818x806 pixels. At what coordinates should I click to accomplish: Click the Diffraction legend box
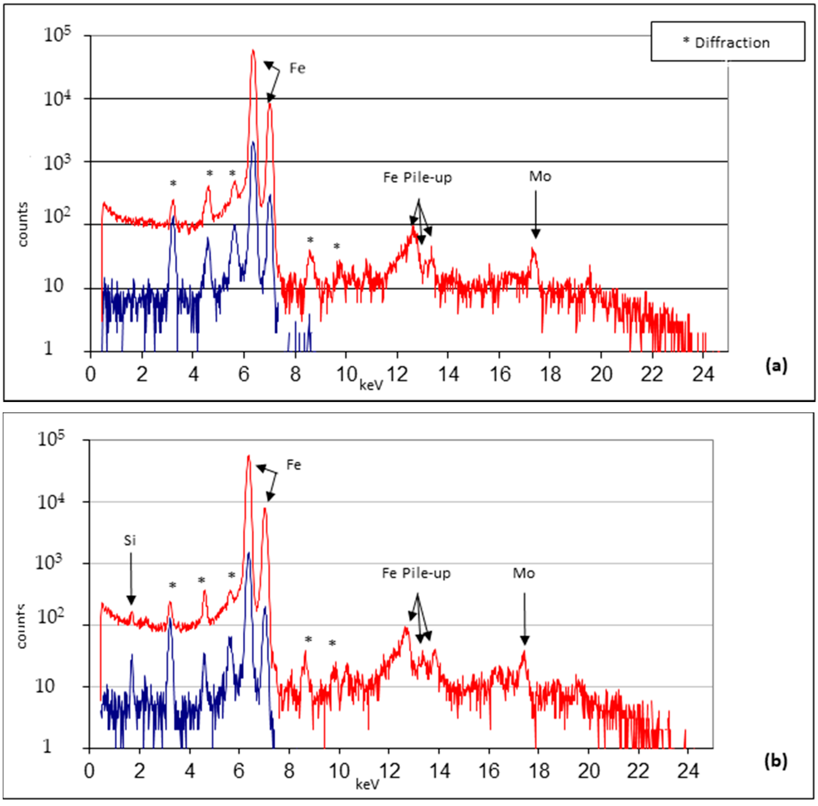pyautogui.click(x=727, y=42)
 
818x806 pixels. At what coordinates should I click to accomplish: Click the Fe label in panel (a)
pyautogui.click(x=297, y=68)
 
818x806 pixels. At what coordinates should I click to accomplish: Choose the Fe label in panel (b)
pyautogui.click(x=293, y=465)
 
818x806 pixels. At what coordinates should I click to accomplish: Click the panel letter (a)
pyautogui.click(x=776, y=365)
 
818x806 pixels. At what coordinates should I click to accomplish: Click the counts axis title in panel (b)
pyautogui.click(x=21, y=626)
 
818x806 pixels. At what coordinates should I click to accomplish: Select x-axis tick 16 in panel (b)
pyautogui.click(x=489, y=770)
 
